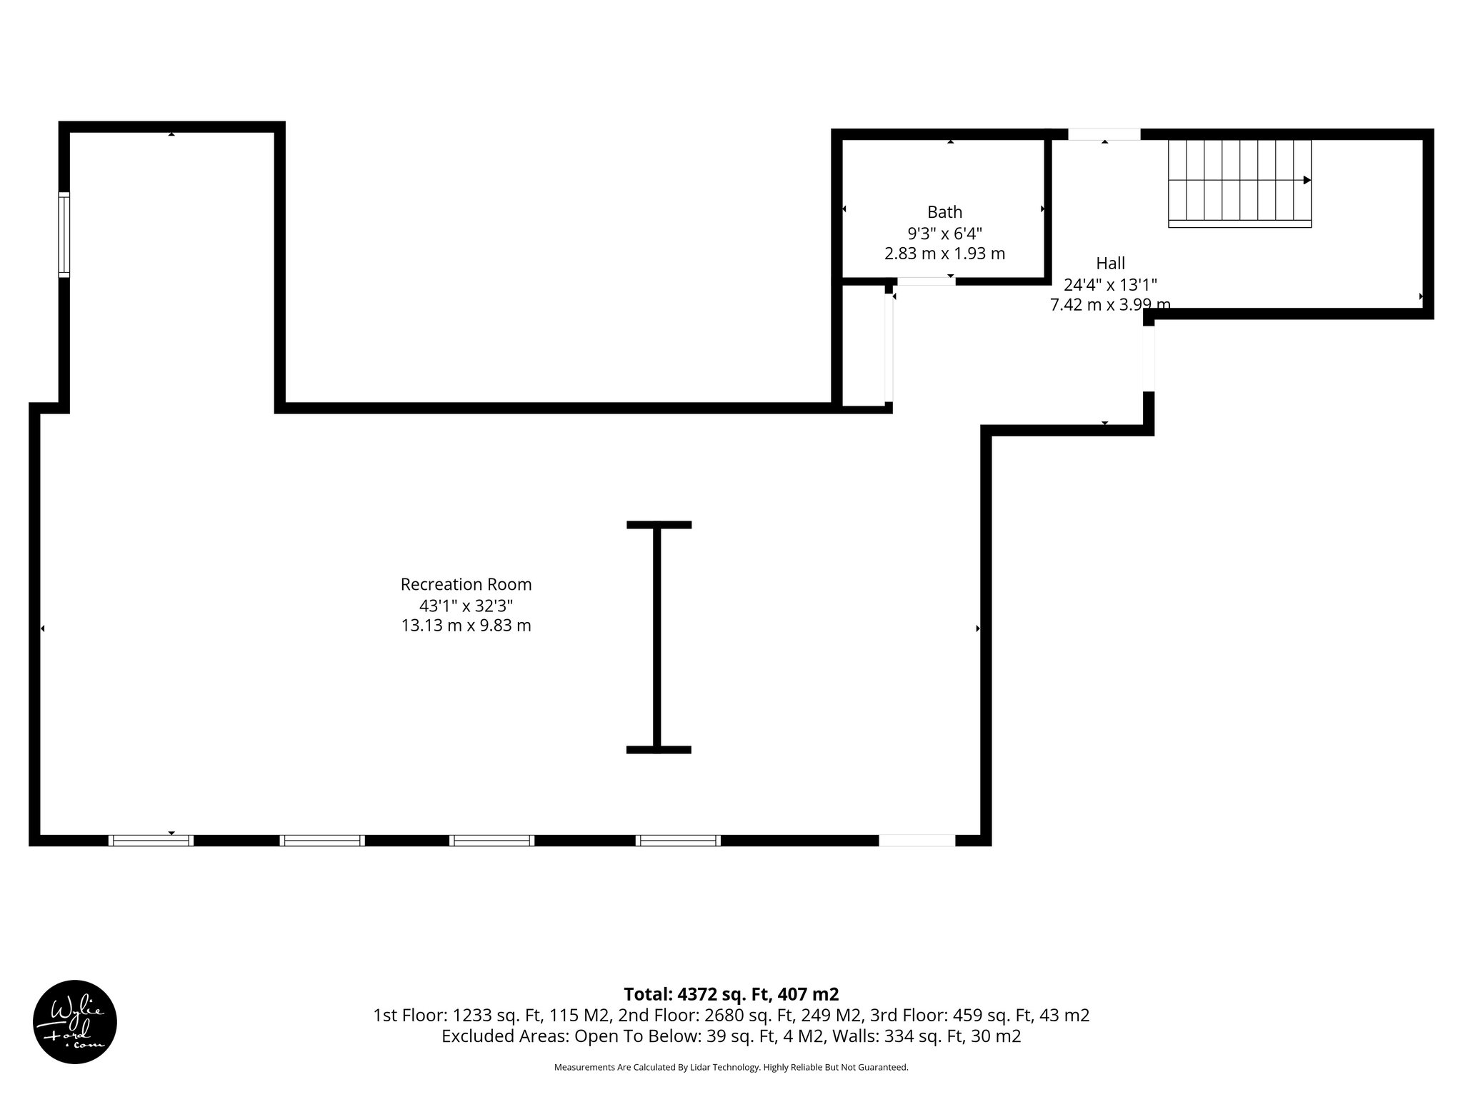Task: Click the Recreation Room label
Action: point(466,584)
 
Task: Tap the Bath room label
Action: point(944,212)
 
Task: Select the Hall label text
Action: point(1110,263)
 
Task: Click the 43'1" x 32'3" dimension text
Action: point(466,606)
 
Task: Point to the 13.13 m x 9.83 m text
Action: point(466,626)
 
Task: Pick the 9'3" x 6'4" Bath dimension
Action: point(944,233)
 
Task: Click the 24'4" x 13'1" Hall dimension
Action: point(1110,284)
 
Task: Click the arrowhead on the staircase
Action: point(1307,180)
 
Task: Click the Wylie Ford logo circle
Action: point(75,1022)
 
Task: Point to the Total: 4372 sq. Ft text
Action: point(731,994)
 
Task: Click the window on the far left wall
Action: point(64,234)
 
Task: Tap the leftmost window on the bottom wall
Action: point(151,841)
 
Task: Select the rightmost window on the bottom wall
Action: point(678,841)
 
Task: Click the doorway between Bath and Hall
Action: point(926,281)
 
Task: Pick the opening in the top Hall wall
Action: point(1104,134)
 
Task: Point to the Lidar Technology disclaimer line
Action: point(731,1067)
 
